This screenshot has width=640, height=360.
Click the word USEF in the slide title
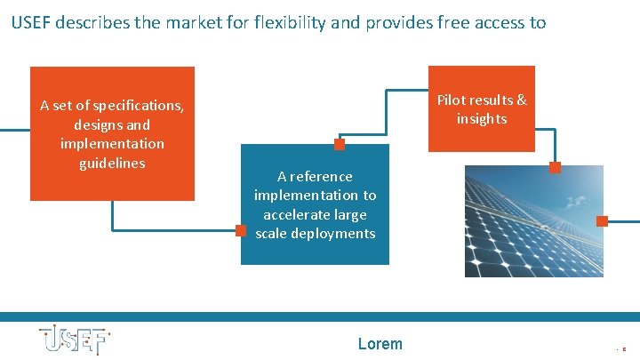pyautogui.click(x=31, y=23)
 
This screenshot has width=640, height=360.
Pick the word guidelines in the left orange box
pyautogui.click(x=112, y=163)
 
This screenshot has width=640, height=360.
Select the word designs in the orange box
pyautogui.click(x=100, y=124)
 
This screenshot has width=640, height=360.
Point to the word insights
pyautogui.click(x=482, y=118)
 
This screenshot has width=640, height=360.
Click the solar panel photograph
pyautogui.click(x=533, y=221)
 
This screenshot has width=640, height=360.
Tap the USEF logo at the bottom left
pyautogui.click(x=74, y=341)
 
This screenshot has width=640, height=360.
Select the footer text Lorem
pyautogui.click(x=380, y=344)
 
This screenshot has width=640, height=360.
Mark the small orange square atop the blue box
pyautogui.click(x=339, y=144)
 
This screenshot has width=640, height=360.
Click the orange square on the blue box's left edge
pyautogui.click(x=240, y=230)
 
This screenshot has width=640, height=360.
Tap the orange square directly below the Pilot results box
pyautogui.click(x=555, y=167)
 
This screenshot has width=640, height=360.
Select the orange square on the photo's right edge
pyautogui.click(x=602, y=221)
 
